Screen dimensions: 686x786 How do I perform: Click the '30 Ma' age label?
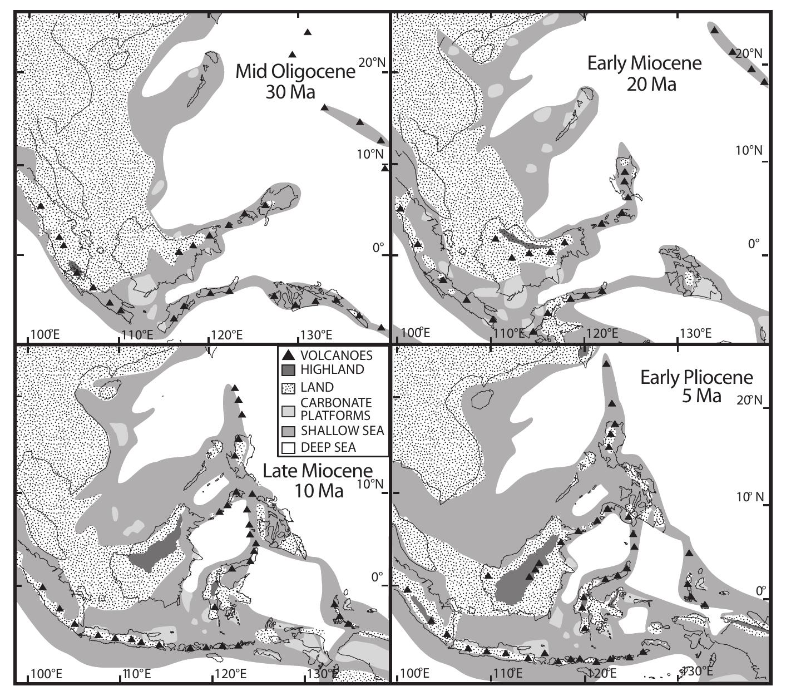tap(290, 91)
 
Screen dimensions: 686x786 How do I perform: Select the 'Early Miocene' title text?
tap(644, 63)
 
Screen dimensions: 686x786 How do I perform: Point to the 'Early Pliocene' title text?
tap(696, 378)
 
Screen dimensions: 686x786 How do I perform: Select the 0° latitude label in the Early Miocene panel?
tap(753, 244)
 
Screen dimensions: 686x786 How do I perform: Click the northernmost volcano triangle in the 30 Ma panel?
tap(308, 32)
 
